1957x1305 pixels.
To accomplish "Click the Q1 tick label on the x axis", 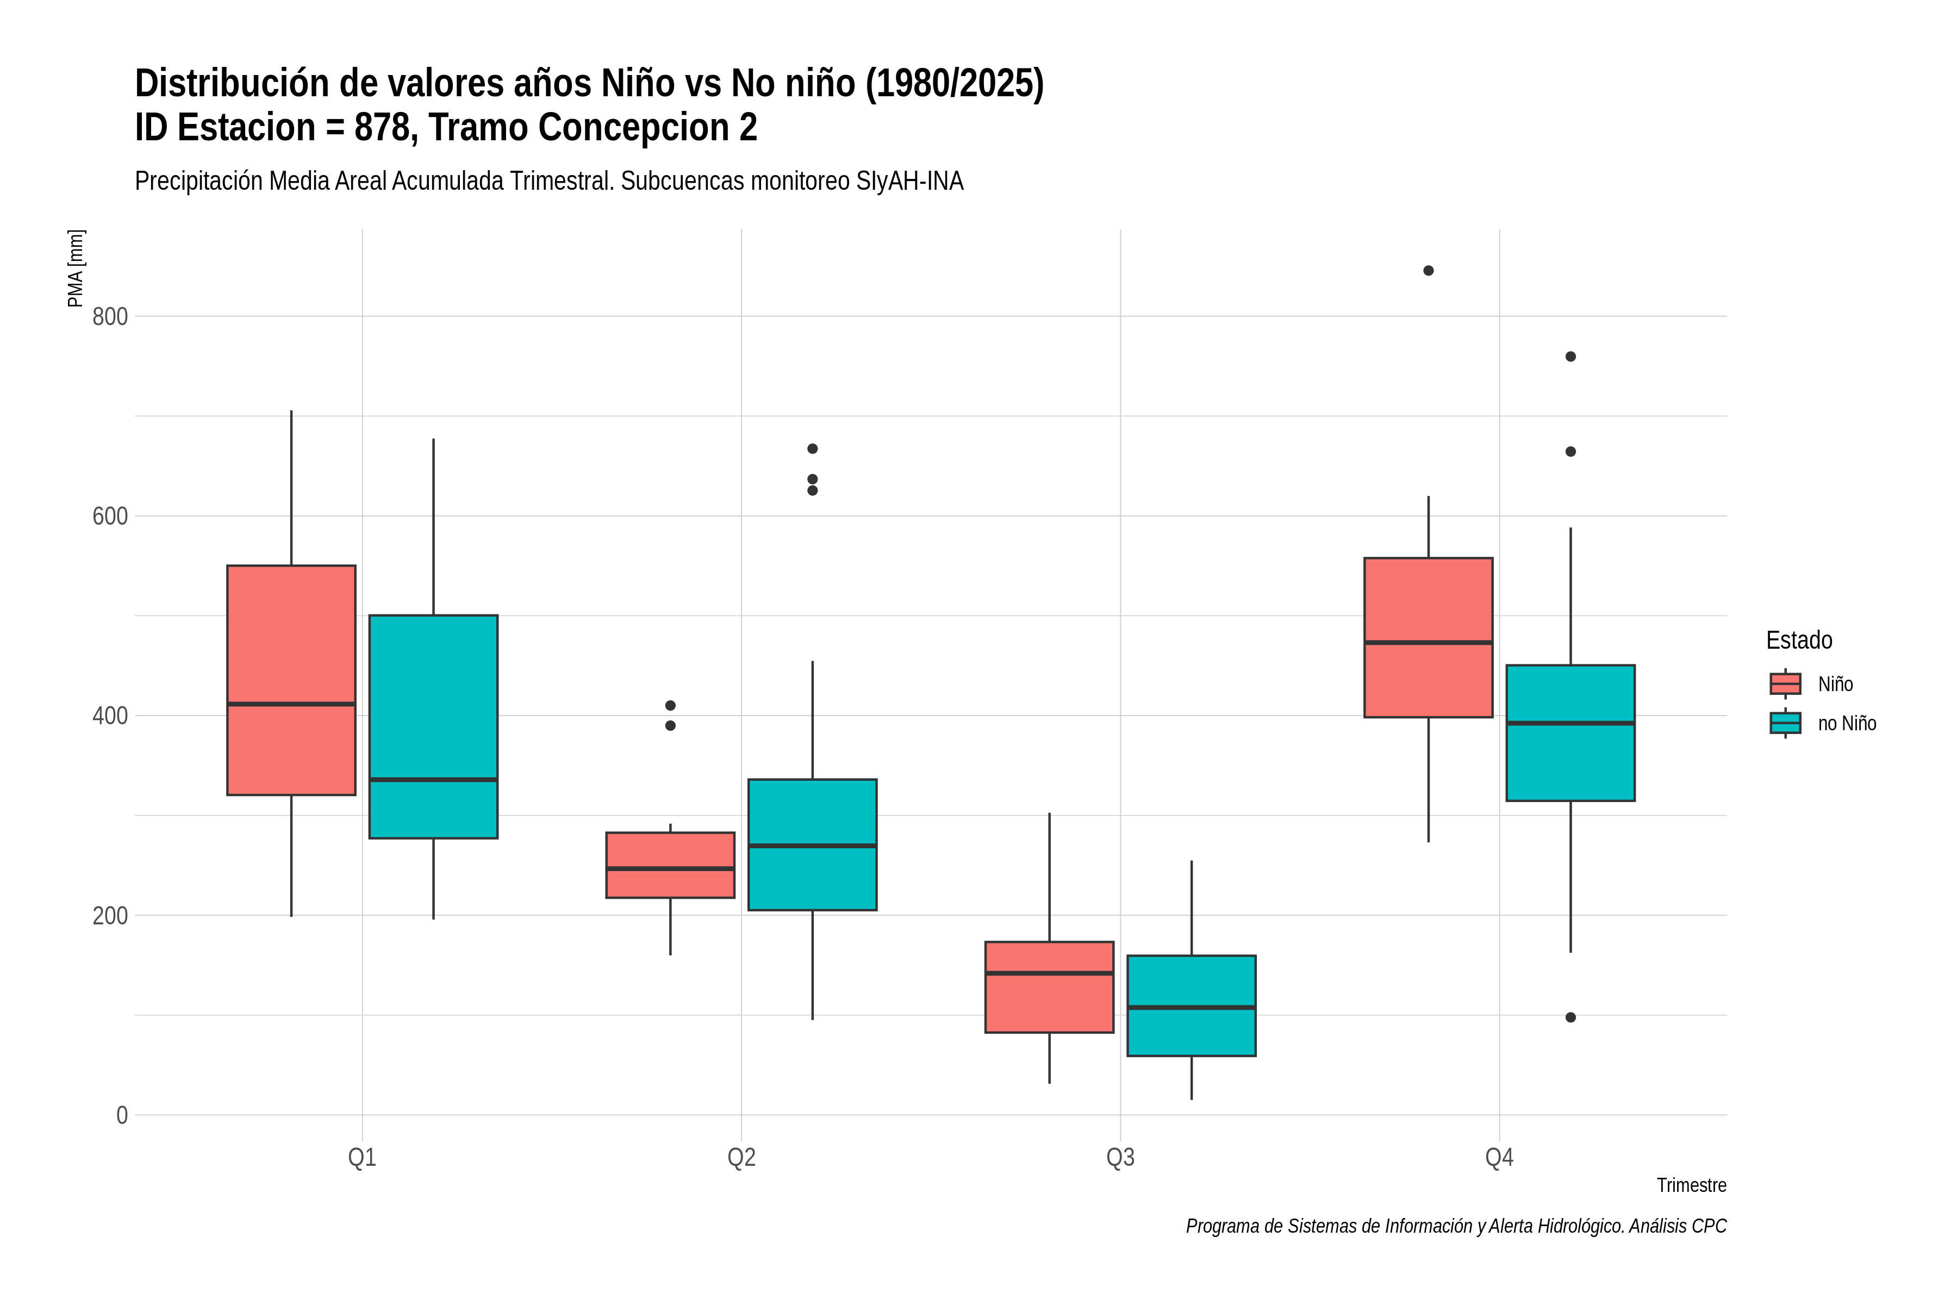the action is tap(362, 1158).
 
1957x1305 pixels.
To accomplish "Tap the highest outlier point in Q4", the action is tap(1429, 270).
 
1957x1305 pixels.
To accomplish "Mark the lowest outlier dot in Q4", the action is tap(1571, 1017).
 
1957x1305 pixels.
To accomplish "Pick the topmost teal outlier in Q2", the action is tap(813, 449).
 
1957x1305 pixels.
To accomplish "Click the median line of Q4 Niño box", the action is tap(1429, 643).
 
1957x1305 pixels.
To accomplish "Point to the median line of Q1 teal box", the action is tap(433, 780).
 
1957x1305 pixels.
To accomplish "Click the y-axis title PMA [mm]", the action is tap(76, 268).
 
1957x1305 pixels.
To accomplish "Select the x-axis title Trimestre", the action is tap(1692, 1185).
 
